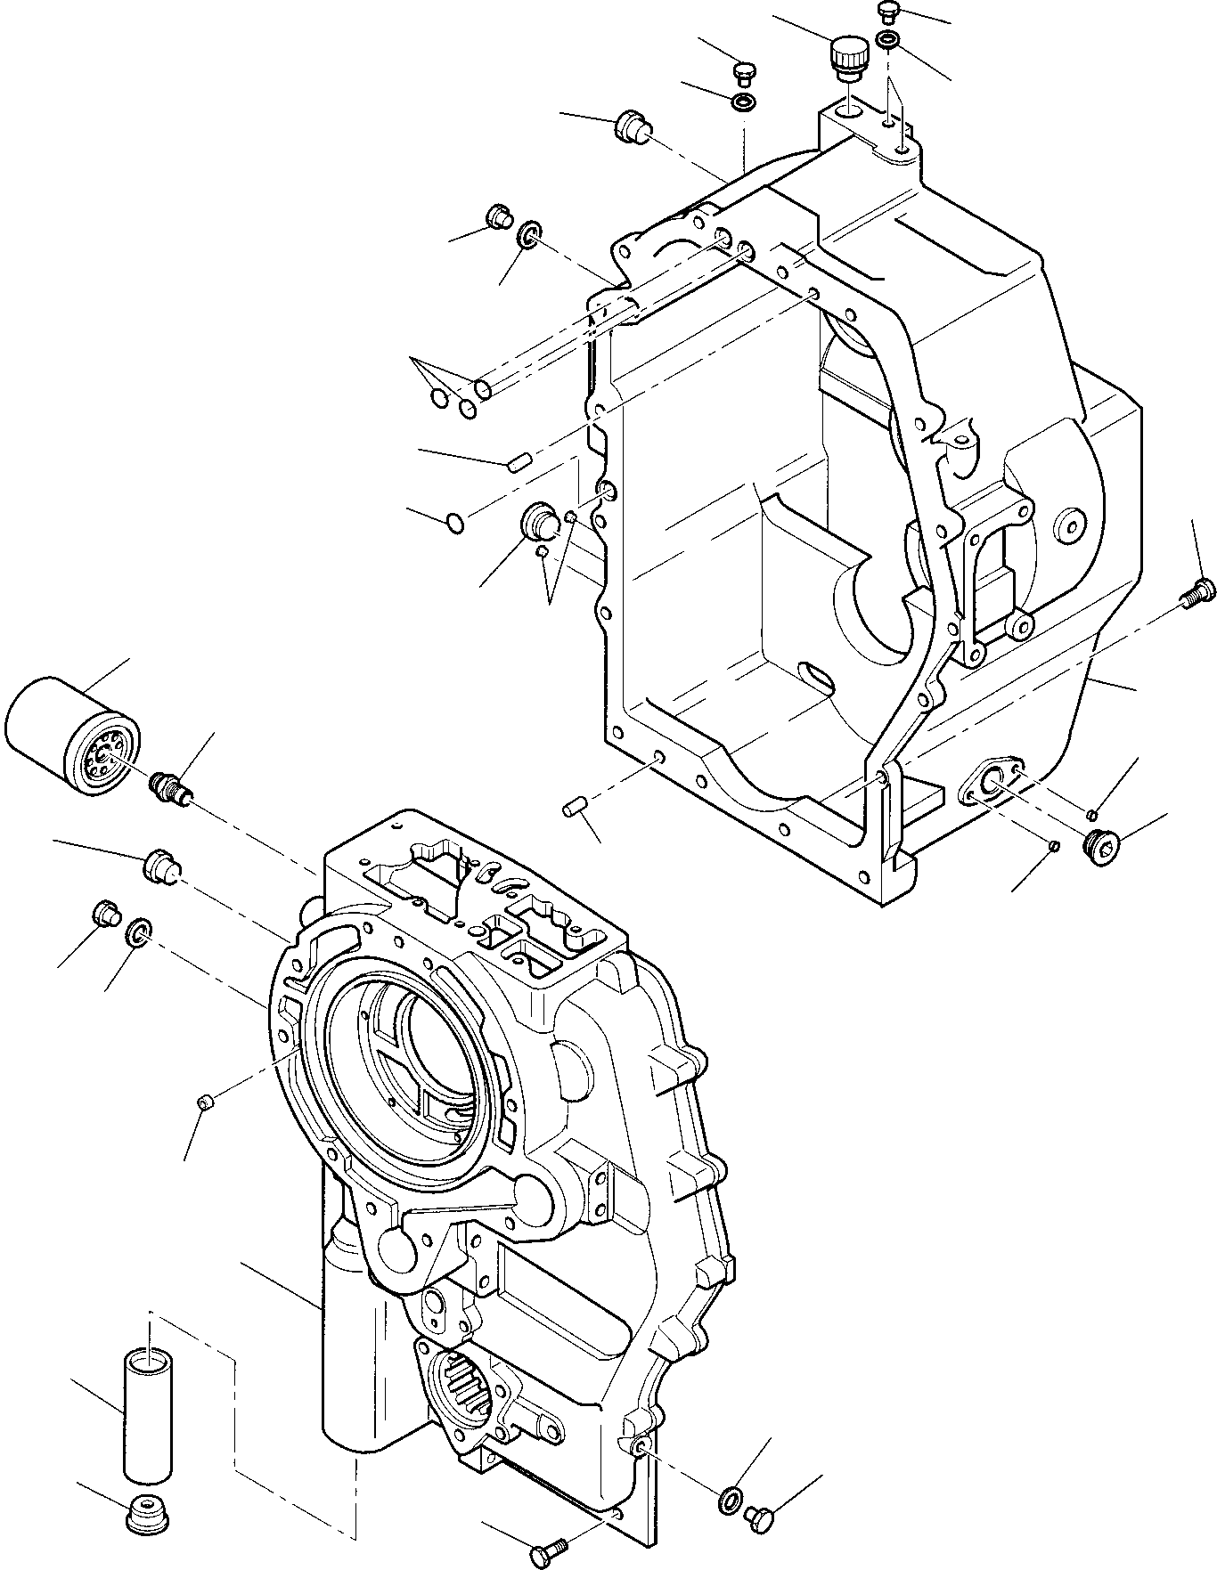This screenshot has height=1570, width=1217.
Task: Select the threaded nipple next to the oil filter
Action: (x=168, y=788)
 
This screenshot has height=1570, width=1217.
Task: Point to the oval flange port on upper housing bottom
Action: (x=989, y=777)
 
